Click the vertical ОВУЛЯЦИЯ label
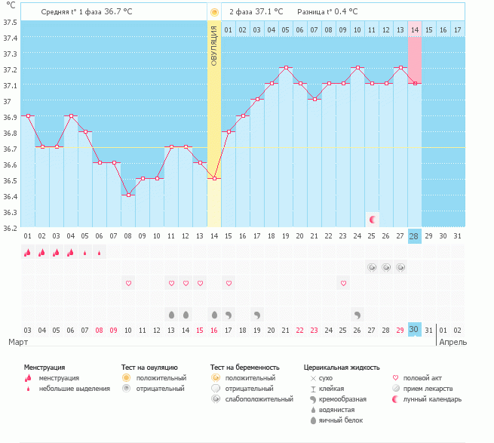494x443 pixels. pos(214,46)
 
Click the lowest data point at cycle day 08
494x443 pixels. pos(128,195)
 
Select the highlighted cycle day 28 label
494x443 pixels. pos(414,236)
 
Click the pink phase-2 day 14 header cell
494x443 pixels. pos(415,29)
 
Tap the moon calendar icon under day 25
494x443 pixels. pos(373,219)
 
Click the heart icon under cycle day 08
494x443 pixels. pos(128,283)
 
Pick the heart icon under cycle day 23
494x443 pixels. pos(343,283)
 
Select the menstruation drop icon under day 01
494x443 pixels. pos(28,253)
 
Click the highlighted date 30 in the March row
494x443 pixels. pos(414,330)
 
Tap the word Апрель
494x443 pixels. pos(453,342)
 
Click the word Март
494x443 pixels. pos(18,342)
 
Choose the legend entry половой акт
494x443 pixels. pos(421,377)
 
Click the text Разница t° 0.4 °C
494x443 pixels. pos(327,12)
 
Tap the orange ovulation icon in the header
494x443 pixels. pos(215,12)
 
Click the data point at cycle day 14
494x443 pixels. pos(214,178)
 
